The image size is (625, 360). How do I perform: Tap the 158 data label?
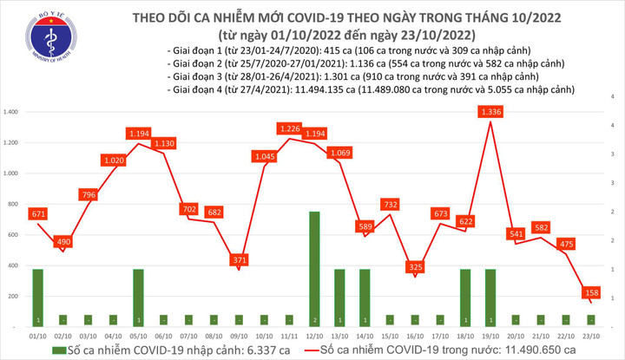click(x=589, y=292)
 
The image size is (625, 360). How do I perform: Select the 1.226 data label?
click(x=289, y=129)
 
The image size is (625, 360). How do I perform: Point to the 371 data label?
click(x=238, y=259)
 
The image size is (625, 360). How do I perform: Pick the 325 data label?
click(x=414, y=266)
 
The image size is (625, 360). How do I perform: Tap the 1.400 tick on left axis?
click(x=11, y=113)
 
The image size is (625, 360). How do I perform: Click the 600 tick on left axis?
click(x=13, y=235)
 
